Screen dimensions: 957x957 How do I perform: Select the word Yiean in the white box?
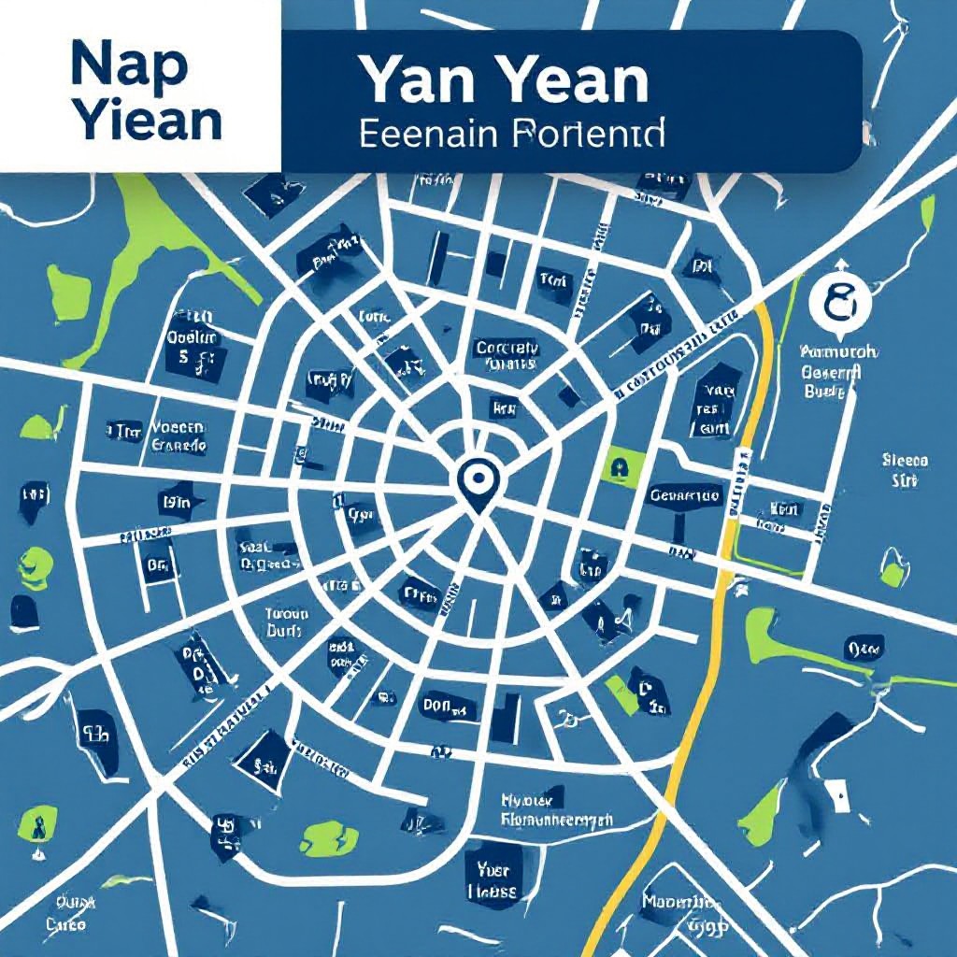click(x=147, y=121)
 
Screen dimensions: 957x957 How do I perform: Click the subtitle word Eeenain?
click(x=428, y=133)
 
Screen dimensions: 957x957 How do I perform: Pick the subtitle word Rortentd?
click(x=589, y=133)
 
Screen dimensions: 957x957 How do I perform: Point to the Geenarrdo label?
click(x=685, y=495)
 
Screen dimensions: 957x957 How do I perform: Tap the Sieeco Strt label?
click(x=905, y=470)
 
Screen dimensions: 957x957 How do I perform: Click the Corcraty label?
click(x=507, y=355)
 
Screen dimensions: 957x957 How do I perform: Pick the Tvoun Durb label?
click(x=286, y=622)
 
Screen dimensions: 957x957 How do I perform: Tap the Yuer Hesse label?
click(x=492, y=881)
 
